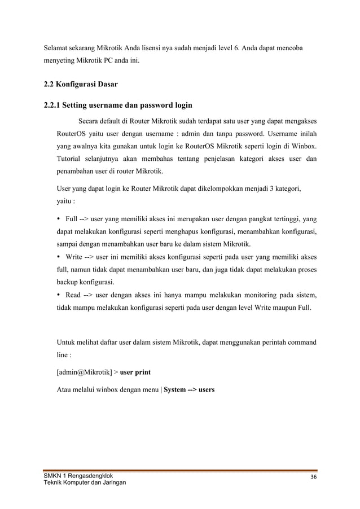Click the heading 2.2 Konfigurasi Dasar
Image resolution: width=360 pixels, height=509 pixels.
82,85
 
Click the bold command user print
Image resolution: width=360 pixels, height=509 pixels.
135,373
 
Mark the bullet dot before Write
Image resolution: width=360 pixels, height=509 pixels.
60,257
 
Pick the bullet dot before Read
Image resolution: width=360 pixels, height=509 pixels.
60,295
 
